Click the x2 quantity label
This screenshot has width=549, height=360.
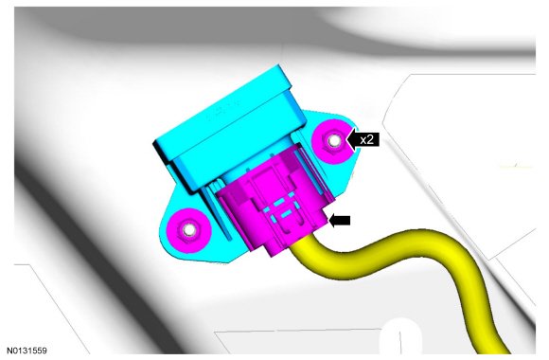click(366, 140)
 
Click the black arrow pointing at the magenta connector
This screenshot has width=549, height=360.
click(340, 221)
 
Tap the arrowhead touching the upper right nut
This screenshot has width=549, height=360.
click(351, 140)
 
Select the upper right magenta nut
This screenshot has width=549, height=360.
click(333, 141)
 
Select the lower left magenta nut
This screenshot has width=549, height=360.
click(188, 230)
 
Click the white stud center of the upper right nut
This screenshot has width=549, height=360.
click(334, 140)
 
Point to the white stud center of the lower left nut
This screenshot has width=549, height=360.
click(189, 229)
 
